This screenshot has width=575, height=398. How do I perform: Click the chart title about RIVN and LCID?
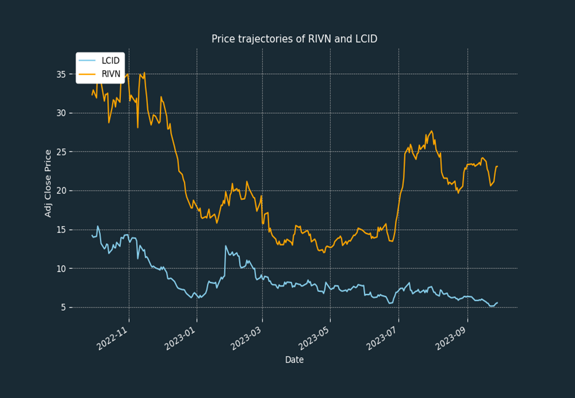(294, 39)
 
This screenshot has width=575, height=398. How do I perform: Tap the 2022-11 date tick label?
(112, 338)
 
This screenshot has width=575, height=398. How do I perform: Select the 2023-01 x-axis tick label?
(180, 338)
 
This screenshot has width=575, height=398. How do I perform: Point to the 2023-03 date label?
(246, 338)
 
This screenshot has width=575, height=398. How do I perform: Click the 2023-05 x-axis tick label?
(314, 338)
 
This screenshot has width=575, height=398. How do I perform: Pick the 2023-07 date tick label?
(382, 338)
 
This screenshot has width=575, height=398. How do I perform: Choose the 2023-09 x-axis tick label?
(451, 338)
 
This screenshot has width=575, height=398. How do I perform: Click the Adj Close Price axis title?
(48, 183)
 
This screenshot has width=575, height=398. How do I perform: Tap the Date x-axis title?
(294, 360)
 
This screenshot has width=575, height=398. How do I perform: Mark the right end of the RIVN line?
(498, 166)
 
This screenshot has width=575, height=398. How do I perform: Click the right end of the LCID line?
(498, 302)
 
